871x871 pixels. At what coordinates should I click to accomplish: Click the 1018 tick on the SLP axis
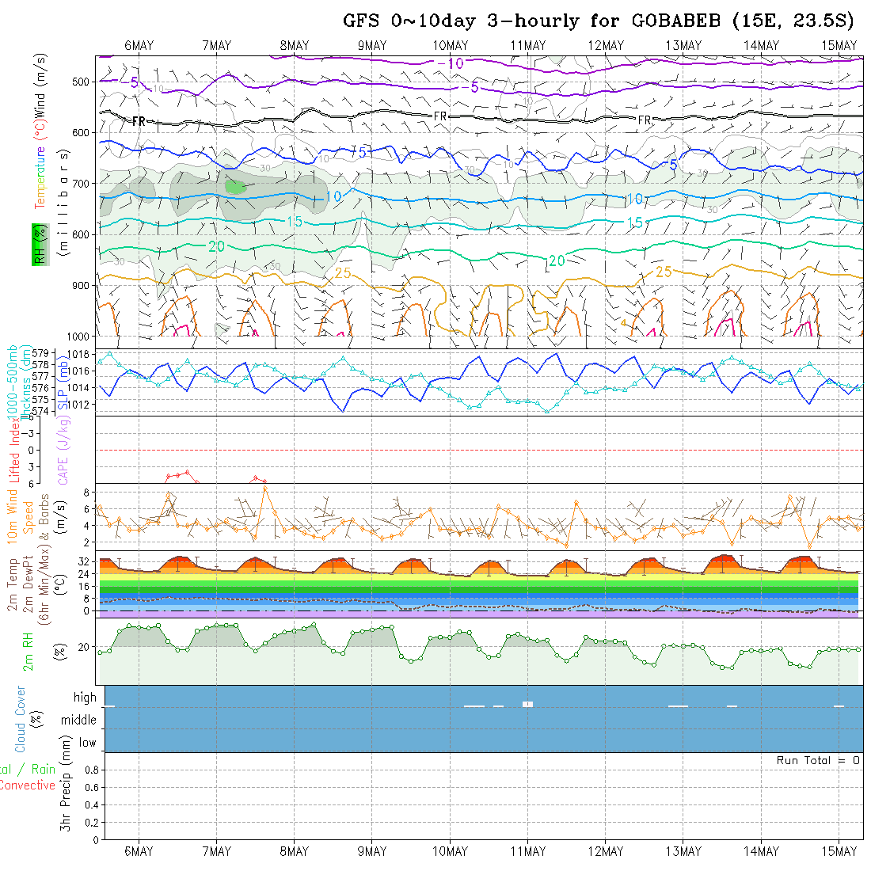81,353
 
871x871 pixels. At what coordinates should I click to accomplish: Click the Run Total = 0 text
818,760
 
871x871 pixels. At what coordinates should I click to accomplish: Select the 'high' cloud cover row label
85,698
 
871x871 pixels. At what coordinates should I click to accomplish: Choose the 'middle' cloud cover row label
79,720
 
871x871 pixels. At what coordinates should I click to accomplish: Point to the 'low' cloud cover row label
87,743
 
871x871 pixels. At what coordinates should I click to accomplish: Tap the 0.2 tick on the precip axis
90,822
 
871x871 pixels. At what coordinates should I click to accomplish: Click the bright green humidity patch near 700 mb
235,186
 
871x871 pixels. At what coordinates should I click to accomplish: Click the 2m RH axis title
28,651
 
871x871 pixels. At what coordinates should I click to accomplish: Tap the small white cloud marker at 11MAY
528,703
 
